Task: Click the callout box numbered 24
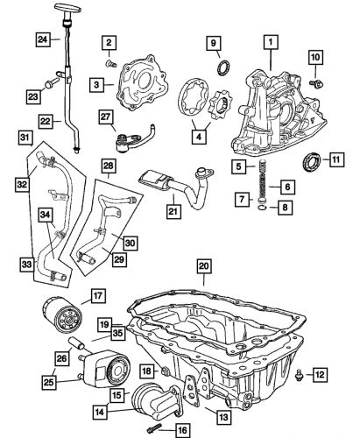coord(42,39)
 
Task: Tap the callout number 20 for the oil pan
coord(203,266)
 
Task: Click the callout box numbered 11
coord(335,159)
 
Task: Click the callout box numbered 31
coord(25,138)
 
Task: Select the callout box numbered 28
coord(109,166)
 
